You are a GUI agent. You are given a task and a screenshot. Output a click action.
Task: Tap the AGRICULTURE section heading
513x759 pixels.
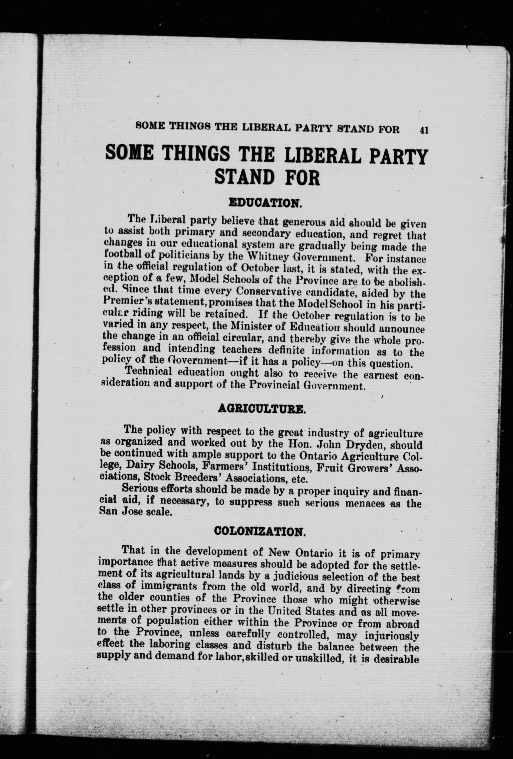coord(261,409)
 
